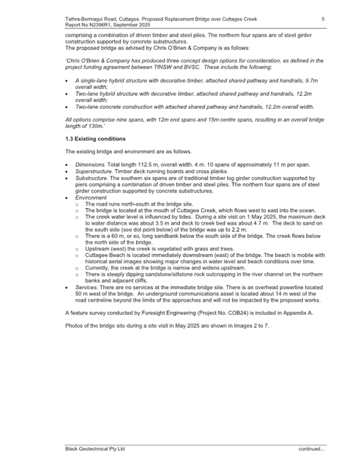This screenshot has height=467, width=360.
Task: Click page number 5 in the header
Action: click(x=323, y=19)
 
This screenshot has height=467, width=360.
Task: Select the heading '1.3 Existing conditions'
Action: click(x=95, y=139)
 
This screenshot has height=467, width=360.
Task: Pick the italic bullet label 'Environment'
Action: click(x=91, y=197)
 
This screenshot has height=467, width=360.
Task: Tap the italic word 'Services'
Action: click(x=87, y=287)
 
